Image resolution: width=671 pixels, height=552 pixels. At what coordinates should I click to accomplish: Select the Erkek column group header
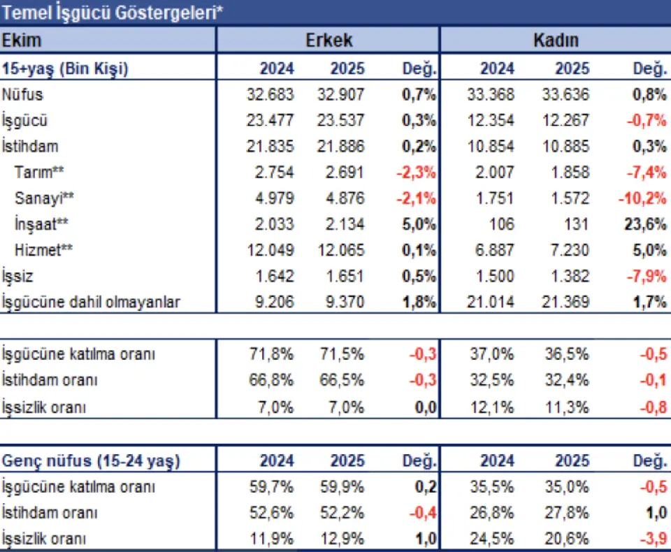coord(329,40)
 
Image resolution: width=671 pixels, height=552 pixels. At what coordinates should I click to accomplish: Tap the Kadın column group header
coord(555,40)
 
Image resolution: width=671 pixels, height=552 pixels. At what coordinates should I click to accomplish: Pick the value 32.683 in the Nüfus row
coord(270,94)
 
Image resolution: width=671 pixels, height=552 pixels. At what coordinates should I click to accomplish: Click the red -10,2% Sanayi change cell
coord(642,198)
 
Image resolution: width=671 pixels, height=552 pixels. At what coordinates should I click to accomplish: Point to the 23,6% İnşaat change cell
coord(646,224)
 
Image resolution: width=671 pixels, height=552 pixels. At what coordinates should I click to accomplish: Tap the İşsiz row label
coord(19,276)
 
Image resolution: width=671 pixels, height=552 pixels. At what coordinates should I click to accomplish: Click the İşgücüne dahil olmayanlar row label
coord(91,303)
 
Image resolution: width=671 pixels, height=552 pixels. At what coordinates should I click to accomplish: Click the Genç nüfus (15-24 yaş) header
coord(91,461)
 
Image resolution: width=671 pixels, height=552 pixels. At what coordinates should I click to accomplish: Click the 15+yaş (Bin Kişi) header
coord(66,68)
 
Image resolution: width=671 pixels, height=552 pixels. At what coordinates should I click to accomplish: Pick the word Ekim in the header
coord(22,40)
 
